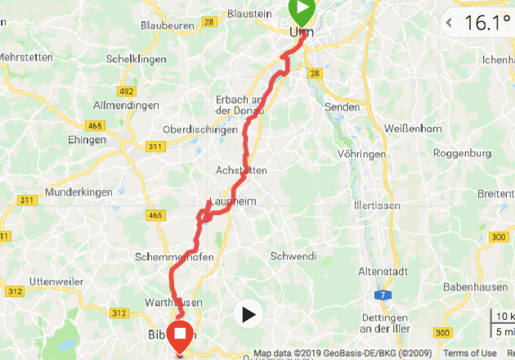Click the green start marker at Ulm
point(302,11)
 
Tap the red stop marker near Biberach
point(178,335)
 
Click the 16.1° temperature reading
point(487,23)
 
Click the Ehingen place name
point(87,140)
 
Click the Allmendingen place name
point(126,106)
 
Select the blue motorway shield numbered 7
point(381,294)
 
